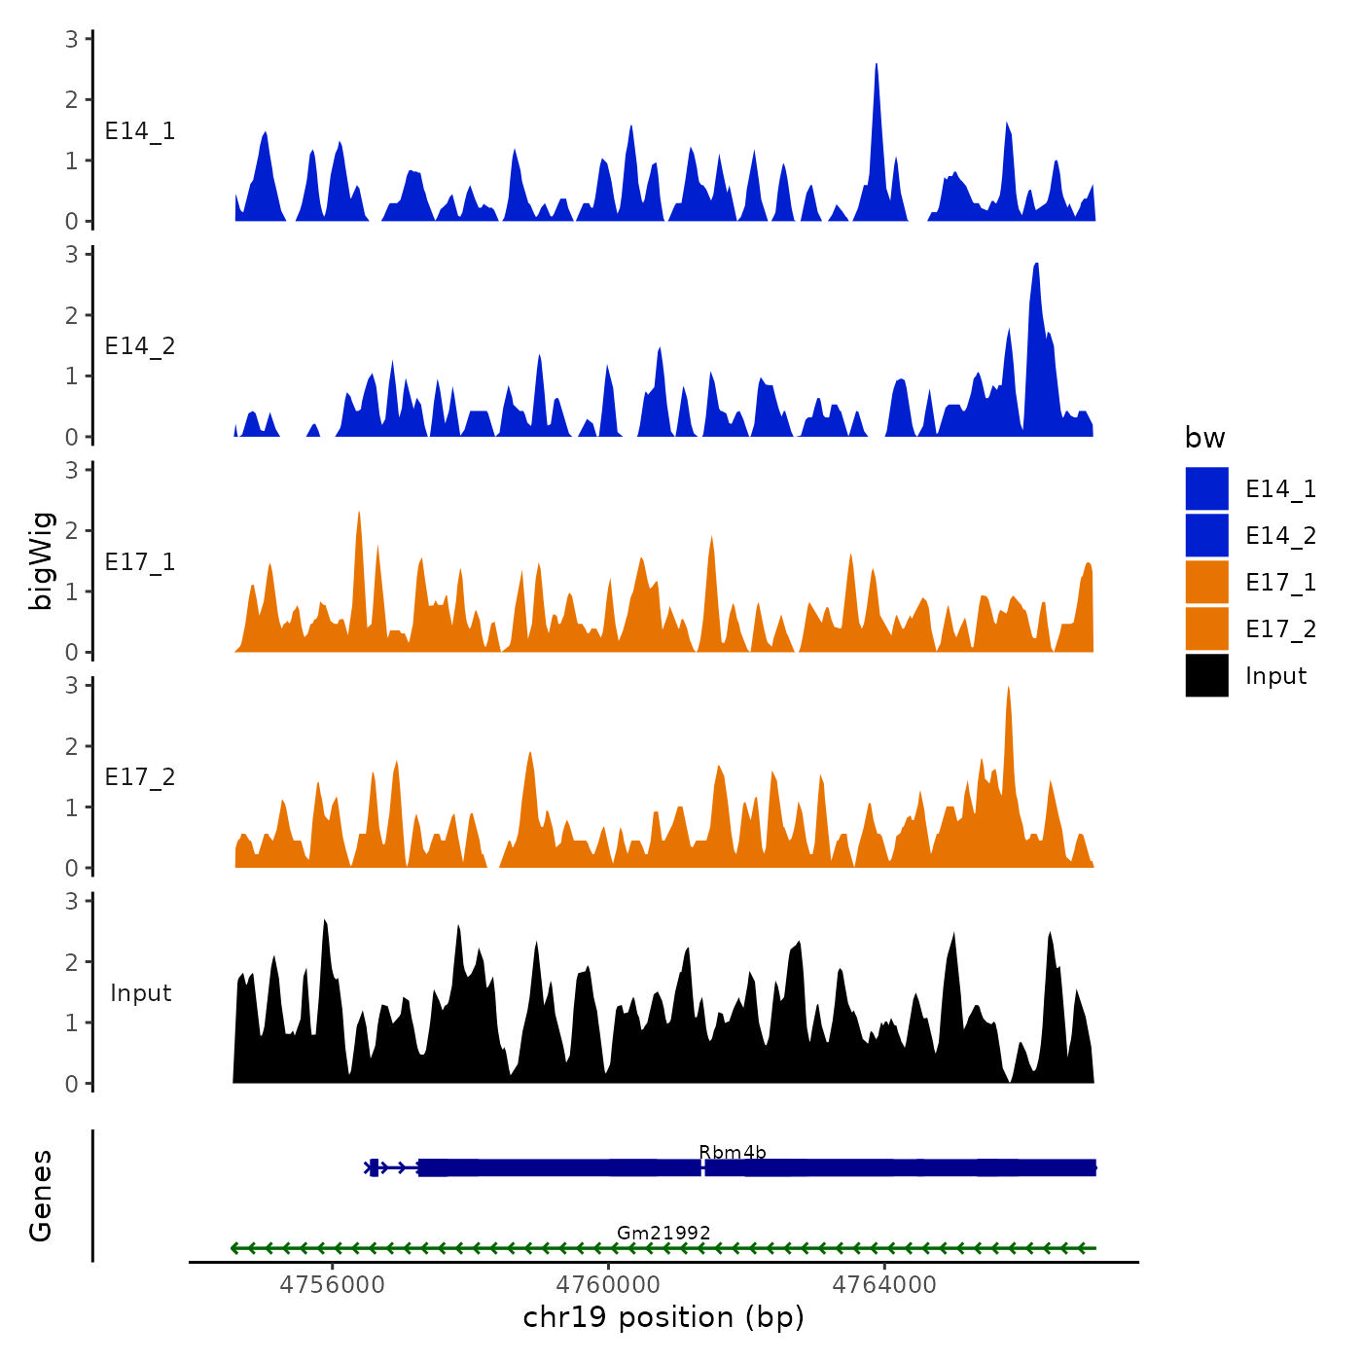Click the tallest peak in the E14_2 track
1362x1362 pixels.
click(x=1037, y=266)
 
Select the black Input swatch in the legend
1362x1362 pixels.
click(x=1206, y=675)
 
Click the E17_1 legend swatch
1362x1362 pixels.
click(x=1206, y=582)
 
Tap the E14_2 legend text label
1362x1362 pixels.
click(x=1280, y=536)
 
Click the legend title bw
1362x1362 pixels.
click(x=1204, y=438)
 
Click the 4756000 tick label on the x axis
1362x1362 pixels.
click(x=332, y=1284)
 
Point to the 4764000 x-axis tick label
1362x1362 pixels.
click(x=884, y=1284)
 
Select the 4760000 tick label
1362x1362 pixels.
click(x=608, y=1284)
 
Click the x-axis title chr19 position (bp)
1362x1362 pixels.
click(x=663, y=1317)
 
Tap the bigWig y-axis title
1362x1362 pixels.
click(x=41, y=561)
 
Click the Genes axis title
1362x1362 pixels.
click(x=41, y=1196)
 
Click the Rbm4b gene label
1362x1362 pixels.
click(x=733, y=1153)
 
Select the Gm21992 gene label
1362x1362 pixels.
click(x=663, y=1233)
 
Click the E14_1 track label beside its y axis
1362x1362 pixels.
click(x=140, y=131)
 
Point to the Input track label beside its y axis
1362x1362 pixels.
click(x=140, y=993)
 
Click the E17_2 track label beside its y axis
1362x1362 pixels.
click(x=140, y=777)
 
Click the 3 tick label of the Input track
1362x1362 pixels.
click(x=72, y=901)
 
